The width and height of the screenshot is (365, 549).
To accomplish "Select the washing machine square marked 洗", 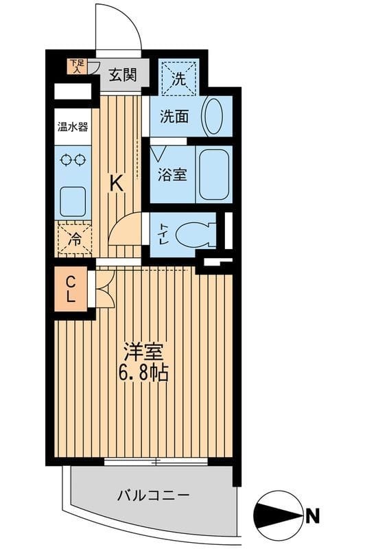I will click(178, 78).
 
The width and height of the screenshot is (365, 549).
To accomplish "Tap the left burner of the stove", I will click(66, 160).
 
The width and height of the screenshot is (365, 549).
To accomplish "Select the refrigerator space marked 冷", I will click(73, 240).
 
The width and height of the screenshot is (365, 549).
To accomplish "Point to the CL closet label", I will click(71, 288).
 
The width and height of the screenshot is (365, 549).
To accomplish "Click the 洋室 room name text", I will click(143, 352).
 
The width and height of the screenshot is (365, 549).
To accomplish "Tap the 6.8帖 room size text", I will click(143, 374).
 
